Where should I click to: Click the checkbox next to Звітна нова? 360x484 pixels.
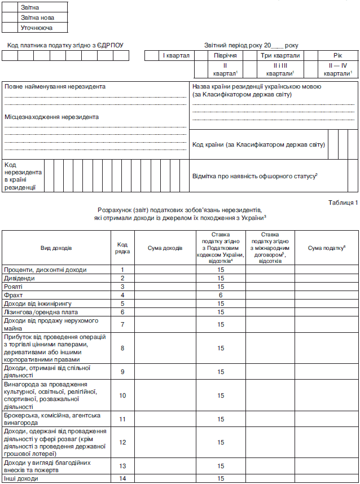pos(11,17)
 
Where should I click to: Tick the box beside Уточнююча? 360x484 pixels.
pos(11,27)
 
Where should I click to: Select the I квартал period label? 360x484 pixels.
pos(176,55)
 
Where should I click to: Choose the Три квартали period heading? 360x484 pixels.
pos(280,55)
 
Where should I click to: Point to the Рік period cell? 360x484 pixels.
pos(337,55)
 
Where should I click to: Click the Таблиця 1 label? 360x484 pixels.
pos(343,202)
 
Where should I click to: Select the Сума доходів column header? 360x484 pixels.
pos(165,248)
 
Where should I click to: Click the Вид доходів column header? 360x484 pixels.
pos(56,248)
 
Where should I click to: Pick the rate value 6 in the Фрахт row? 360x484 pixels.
pos(221,295)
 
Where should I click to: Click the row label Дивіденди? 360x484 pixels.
pos(20,278)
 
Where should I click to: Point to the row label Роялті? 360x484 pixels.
pos(15,287)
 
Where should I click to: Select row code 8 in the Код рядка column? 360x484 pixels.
pos(122,348)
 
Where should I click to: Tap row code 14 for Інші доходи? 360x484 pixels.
pos(122,479)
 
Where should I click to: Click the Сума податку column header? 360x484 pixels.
pos(326,248)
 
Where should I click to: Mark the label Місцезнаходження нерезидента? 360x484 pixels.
pos(51,117)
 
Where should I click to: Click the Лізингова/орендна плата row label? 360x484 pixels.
pos(41,312)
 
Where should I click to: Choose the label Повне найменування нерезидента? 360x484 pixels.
pos(55,86)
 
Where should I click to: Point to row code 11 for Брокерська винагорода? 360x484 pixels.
pos(122,419)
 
